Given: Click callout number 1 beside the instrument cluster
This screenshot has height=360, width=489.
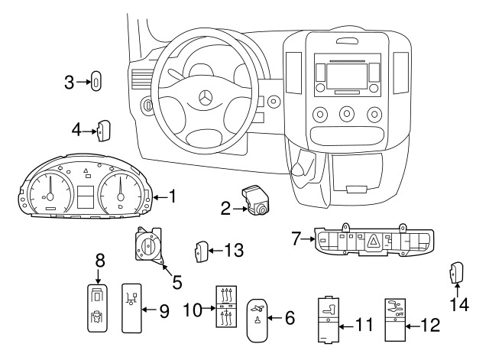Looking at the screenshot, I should coord(172,197).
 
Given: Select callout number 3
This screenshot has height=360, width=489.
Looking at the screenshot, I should coord(70,82).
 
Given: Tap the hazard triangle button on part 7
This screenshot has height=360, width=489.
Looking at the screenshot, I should coord(374,242).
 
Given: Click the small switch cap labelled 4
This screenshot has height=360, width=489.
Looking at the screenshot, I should coord(103,131).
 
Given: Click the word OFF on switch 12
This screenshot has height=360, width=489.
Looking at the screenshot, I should coord(400,313).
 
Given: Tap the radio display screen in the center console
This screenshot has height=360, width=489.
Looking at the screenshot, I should coord(346,76).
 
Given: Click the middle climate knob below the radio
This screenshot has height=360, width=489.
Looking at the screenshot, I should coord(347,115).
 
